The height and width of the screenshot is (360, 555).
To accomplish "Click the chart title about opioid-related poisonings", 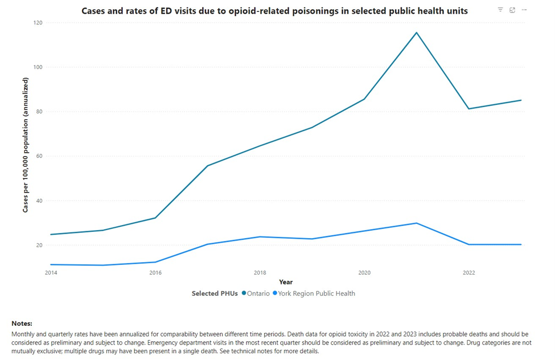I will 274,11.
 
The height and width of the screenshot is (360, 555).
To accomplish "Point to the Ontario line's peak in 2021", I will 416,32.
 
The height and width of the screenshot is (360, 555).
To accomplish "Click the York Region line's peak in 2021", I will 416,223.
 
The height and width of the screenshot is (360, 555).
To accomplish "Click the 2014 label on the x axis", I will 51,273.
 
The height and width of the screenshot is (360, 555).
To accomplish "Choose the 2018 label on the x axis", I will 260,273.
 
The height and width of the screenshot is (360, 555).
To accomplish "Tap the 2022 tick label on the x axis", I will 468,273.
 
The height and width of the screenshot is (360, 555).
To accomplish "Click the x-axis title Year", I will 286,282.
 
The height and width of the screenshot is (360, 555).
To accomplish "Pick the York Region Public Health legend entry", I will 316,293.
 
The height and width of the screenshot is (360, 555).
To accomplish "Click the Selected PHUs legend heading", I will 215,293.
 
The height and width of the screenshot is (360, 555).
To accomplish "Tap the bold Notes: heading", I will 22,324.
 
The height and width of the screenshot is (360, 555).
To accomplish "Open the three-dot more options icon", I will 524,10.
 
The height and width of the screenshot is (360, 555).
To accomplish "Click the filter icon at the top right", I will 500,10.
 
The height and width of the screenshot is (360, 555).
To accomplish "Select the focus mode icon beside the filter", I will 512,10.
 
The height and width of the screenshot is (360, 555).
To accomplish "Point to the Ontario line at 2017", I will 208,166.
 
